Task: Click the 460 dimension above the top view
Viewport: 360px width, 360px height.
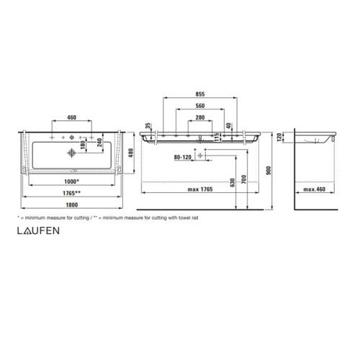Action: [71, 117]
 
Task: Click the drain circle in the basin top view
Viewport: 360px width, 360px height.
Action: [71, 153]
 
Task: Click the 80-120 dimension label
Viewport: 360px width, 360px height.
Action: [184, 156]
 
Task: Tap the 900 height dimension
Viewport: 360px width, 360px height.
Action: [269, 171]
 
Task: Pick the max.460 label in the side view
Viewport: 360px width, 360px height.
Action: [315, 189]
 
